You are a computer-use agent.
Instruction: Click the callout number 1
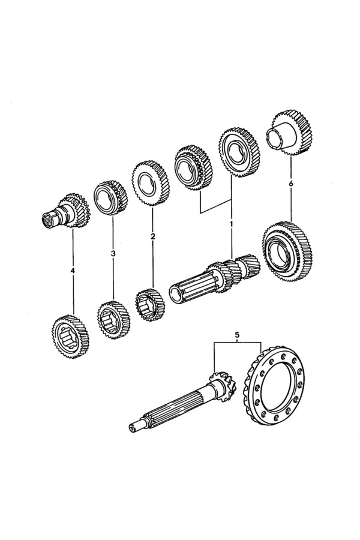click(232, 224)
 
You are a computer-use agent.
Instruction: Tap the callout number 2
click(153, 236)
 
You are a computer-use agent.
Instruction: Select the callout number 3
click(113, 254)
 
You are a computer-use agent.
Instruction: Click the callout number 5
click(237, 334)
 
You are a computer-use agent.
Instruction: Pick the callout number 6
click(291, 184)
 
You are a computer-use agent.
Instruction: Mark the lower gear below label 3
click(112, 318)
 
